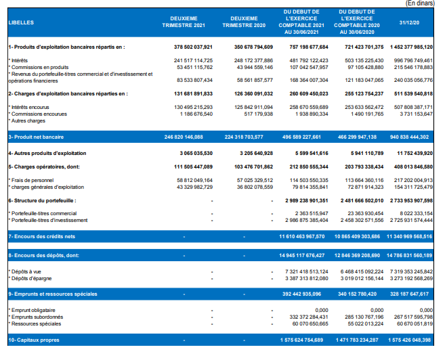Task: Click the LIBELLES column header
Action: click(x=21, y=22)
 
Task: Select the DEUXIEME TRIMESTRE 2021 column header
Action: click(x=184, y=22)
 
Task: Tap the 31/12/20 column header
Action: click(x=409, y=23)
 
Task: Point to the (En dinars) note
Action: click(x=420, y=3)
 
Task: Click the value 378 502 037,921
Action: click(x=193, y=47)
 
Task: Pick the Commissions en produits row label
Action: click(x=39, y=67)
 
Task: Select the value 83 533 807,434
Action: click(x=194, y=81)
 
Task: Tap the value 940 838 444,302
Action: click(x=409, y=137)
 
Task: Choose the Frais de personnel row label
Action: click(x=31, y=180)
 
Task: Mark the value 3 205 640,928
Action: click(x=256, y=154)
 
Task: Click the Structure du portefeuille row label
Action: click(x=42, y=201)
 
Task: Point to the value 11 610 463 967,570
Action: click(x=301, y=236)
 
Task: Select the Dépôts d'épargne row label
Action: click(x=30, y=278)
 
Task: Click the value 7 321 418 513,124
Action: click(x=307, y=271)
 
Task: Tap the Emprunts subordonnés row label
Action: click(x=36, y=317)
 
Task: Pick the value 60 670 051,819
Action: click(x=415, y=323)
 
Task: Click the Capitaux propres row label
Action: click(x=34, y=340)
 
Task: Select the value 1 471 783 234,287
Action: click(x=357, y=340)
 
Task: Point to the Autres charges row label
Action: click(x=27, y=120)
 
